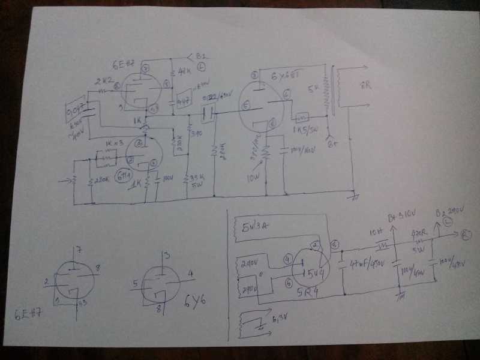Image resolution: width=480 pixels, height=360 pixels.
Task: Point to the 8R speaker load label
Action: [x=365, y=86]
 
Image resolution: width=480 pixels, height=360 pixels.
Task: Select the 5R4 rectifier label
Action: [x=308, y=294]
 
